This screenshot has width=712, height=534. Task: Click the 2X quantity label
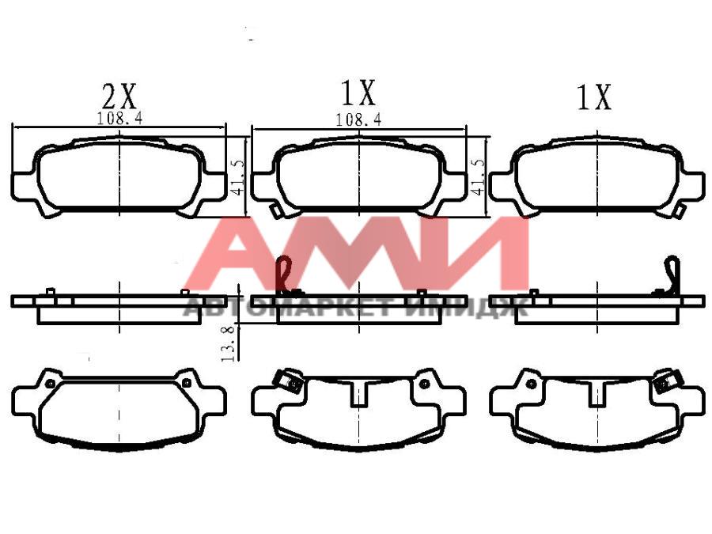click(x=119, y=96)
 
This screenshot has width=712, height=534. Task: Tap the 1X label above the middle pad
click(x=358, y=93)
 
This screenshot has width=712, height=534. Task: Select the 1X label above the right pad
click(x=594, y=97)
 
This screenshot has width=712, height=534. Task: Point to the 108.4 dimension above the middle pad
click(x=358, y=120)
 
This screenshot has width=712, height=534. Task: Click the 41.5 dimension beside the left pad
click(x=238, y=176)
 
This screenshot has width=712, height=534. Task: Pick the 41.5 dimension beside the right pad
click(x=479, y=176)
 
